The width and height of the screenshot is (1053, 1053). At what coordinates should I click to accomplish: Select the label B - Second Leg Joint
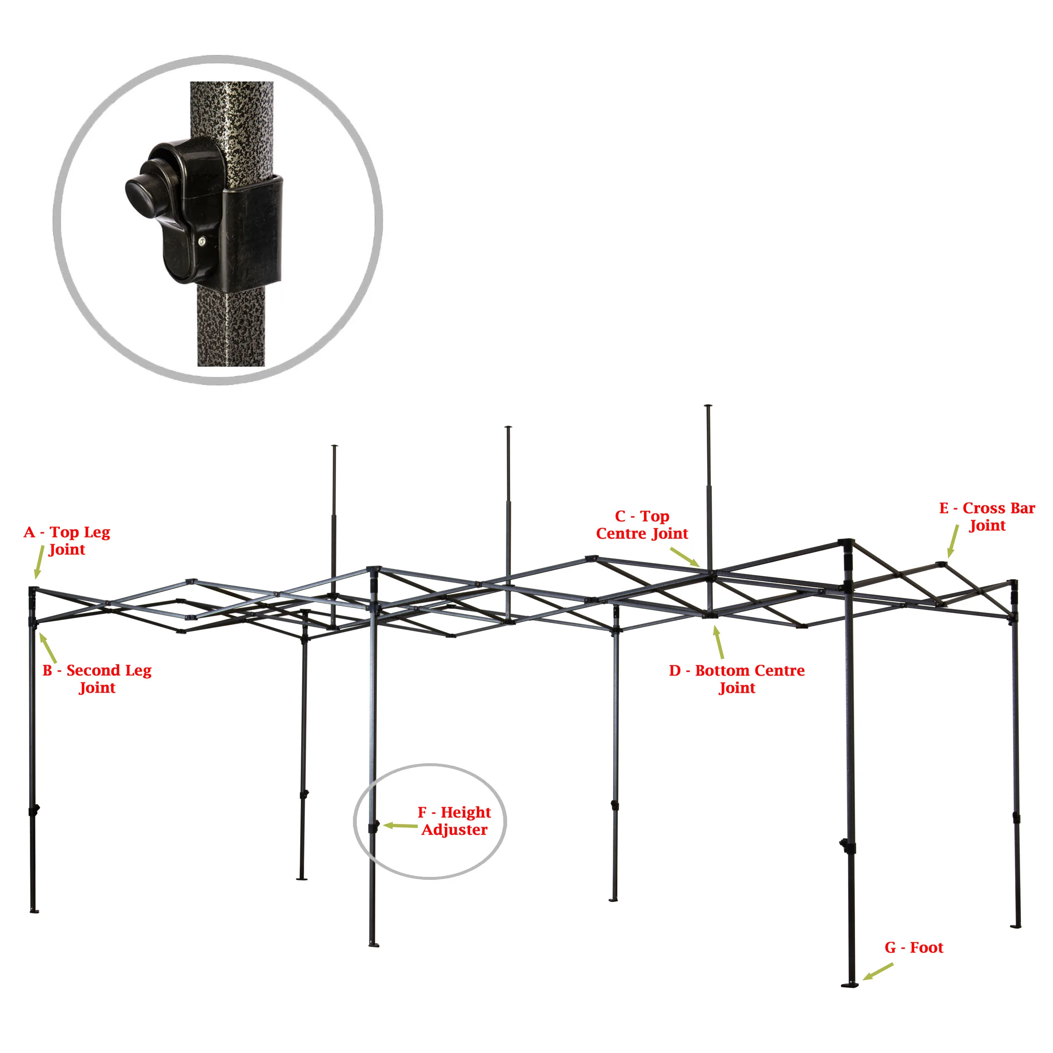click(97, 679)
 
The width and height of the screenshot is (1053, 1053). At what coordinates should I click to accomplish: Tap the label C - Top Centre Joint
click(642, 524)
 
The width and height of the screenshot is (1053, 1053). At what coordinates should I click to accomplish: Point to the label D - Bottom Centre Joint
click(737, 679)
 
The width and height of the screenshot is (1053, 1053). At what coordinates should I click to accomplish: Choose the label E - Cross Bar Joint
click(987, 516)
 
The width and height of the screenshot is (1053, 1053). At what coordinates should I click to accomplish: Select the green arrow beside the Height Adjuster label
click(401, 826)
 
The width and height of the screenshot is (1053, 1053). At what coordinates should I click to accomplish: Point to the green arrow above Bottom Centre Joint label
click(719, 642)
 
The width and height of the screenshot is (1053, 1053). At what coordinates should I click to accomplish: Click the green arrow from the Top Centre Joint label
click(684, 557)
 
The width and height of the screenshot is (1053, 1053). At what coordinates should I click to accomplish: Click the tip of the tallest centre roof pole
click(708, 406)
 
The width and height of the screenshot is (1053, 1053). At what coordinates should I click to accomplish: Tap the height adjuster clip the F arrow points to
click(374, 827)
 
